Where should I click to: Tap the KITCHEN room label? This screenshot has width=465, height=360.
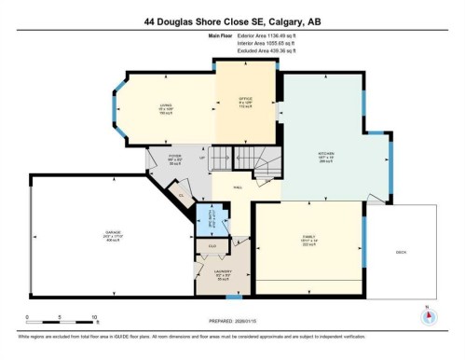325,155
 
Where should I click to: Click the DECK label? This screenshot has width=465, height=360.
403,252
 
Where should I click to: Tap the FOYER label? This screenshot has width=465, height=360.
174,159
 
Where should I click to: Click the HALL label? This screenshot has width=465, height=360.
239,187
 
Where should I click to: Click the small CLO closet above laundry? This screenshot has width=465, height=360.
212,245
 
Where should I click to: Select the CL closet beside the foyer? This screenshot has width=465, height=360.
181,194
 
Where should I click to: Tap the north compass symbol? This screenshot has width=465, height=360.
428,315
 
